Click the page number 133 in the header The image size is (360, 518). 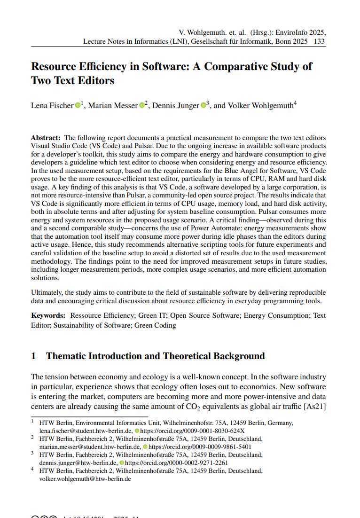pos(320,41)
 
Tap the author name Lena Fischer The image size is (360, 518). pos(52,106)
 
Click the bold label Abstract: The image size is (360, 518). pos(46,138)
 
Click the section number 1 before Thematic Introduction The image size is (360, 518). pos(33,356)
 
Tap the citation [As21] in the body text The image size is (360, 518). pos(315,405)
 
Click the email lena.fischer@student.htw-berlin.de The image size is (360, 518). pos(86,430)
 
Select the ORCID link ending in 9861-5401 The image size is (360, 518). pos(200,447)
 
